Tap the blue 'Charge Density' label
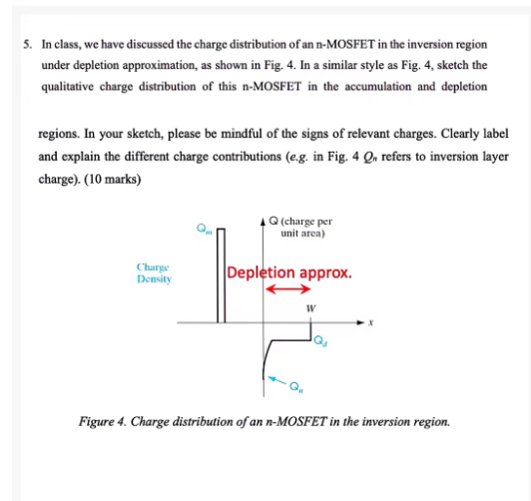coord(154,274)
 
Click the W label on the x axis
coord(310,308)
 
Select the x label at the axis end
coord(369,323)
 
